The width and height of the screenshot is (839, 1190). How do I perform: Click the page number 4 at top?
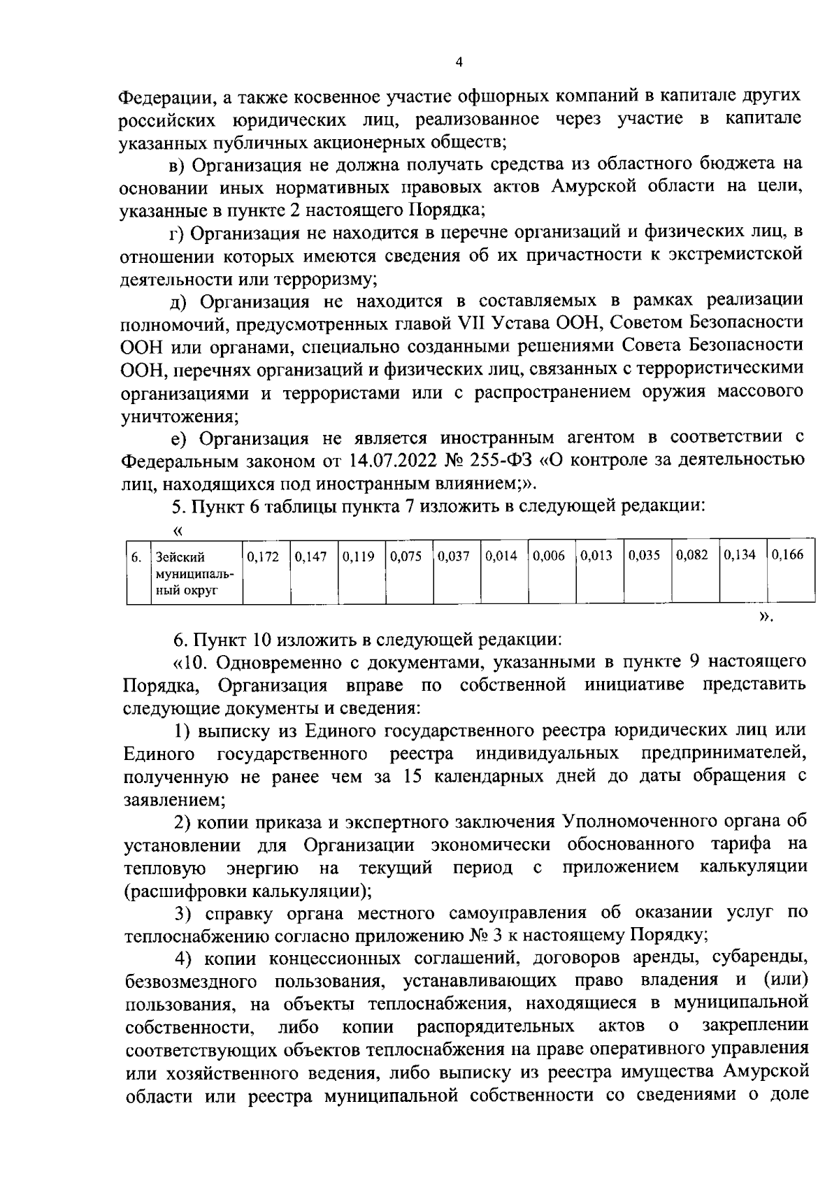click(459, 62)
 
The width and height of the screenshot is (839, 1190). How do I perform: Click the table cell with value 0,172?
click(263, 557)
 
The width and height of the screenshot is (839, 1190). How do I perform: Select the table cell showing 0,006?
click(549, 557)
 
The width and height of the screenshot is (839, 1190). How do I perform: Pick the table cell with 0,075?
click(406, 557)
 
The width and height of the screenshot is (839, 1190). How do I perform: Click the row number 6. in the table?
click(137, 557)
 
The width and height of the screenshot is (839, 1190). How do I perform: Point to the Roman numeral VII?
click(470, 323)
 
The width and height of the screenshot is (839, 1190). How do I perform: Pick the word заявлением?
click(173, 799)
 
